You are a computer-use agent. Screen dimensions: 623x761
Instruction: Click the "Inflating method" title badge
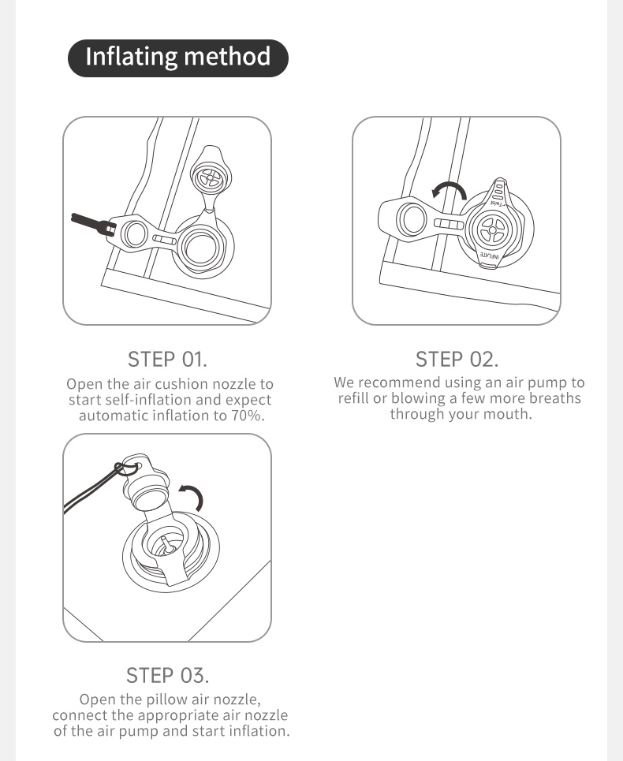point(178,58)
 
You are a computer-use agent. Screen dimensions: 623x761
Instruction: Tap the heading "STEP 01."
point(167,360)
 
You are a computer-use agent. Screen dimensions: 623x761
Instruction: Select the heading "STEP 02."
point(457,360)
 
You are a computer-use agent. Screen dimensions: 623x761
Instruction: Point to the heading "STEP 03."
point(167,676)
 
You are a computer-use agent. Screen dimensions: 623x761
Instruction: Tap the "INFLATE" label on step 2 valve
point(489,255)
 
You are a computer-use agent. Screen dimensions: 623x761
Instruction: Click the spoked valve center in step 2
point(491,229)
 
